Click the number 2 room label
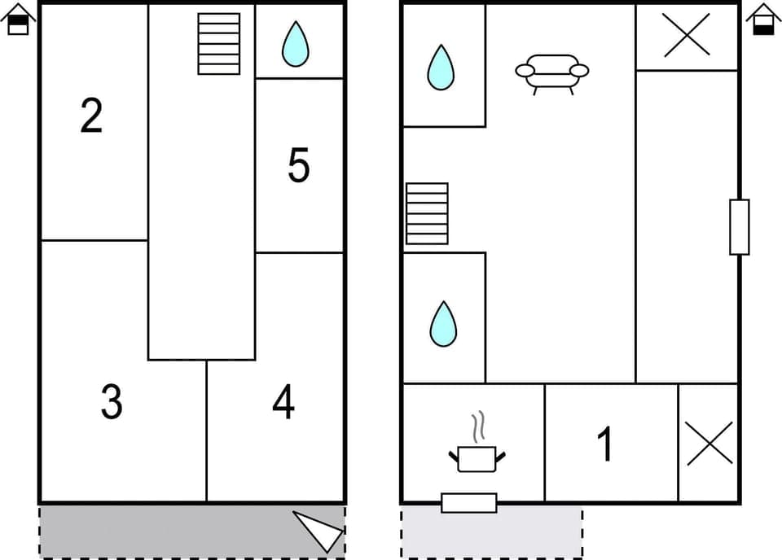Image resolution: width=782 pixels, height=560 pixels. (x=91, y=116)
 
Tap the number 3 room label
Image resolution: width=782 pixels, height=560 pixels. (x=112, y=401)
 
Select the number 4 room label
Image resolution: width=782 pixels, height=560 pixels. (x=283, y=401)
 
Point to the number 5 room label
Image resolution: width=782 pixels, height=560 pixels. (x=299, y=165)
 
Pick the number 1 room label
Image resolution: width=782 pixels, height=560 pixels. (x=604, y=444)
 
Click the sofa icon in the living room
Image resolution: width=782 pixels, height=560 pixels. (x=551, y=72)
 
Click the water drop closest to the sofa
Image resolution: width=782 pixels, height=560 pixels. (x=441, y=67)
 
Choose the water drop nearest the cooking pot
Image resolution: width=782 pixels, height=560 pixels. (x=443, y=323)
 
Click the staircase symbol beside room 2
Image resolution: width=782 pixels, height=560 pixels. (x=219, y=43)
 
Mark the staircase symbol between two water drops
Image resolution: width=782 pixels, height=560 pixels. (x=427, y=213)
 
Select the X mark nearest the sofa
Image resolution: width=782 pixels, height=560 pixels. (x=687, y=36)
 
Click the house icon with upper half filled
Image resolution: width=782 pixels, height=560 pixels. (x=19, y=20)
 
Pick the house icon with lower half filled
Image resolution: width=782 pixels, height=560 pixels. (x=763, y=20)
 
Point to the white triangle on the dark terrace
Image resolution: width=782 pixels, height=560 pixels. (x=320, y=530)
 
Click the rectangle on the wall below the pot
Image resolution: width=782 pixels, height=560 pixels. (x=468, y=503)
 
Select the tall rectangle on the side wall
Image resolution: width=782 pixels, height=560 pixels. (x=739, y=226)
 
